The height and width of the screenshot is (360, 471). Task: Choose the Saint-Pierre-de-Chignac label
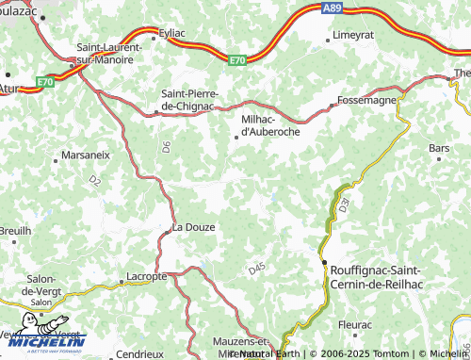coord(190,100)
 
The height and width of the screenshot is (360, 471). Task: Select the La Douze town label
coord(193,227)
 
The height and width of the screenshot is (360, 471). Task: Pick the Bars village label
coord(439,148)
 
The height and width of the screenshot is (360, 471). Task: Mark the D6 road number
coord(166,146)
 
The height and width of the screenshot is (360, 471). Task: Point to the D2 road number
coord(94,179)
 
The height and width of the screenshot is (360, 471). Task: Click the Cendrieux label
coord(138,354)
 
